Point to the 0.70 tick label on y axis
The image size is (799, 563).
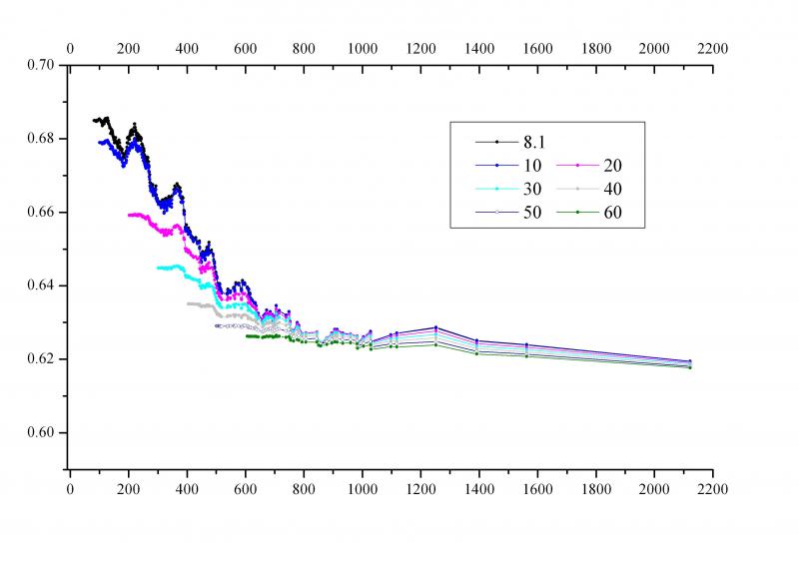point(41,65)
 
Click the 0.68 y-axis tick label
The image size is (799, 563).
point(41,139)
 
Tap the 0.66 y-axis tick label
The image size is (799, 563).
point(41,213)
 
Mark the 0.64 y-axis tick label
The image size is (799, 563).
point(41,286)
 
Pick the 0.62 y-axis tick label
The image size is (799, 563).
point(41,359)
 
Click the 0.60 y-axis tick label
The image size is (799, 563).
point(41,433)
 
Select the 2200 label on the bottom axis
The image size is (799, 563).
point(713,490)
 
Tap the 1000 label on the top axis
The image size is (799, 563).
point(362,47)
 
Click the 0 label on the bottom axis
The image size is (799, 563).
point(70,490)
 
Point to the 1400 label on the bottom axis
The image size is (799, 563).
point(479,490)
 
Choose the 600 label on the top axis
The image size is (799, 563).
point(245,47)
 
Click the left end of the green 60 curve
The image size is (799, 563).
point(247,335)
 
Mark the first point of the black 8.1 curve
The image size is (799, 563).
point(93,120)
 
